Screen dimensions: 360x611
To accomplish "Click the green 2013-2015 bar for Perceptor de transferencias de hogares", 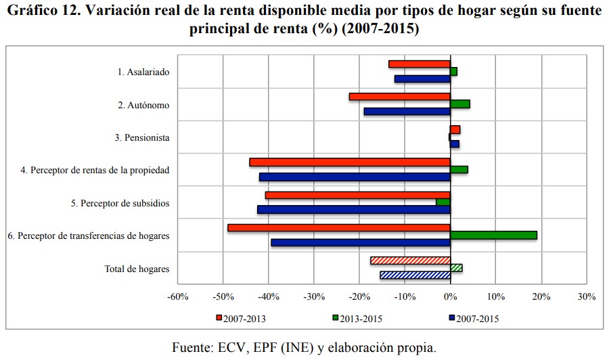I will tap(493, 235).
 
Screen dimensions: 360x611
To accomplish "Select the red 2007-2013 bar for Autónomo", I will tap(399, 96).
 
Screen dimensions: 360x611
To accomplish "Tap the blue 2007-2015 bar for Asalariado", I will tap(422, 79).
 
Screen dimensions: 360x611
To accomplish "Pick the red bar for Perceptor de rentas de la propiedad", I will tap(349, 162).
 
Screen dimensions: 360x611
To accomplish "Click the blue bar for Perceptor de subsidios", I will tap(353, 210).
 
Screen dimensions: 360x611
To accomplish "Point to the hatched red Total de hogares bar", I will tap(410, 260).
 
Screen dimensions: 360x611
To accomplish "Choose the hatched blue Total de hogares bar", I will tap(415, 275).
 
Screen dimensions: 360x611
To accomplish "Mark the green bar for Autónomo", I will tap(460, 104).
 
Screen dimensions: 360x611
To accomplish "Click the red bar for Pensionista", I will tap(455, 129).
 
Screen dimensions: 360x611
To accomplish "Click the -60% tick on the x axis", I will tap(177, 296).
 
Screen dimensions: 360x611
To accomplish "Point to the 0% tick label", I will tap(451, 296).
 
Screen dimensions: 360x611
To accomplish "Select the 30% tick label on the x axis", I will tap(586, 296).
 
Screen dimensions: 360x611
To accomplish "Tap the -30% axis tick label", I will tap(314, 296).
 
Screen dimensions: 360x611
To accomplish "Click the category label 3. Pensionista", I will tap(141, 137).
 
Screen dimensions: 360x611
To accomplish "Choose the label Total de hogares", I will tap(137, 269).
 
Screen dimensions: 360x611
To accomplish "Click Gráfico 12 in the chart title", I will tap(43, 12).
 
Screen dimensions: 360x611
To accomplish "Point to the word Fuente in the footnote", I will tap(193, 347).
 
